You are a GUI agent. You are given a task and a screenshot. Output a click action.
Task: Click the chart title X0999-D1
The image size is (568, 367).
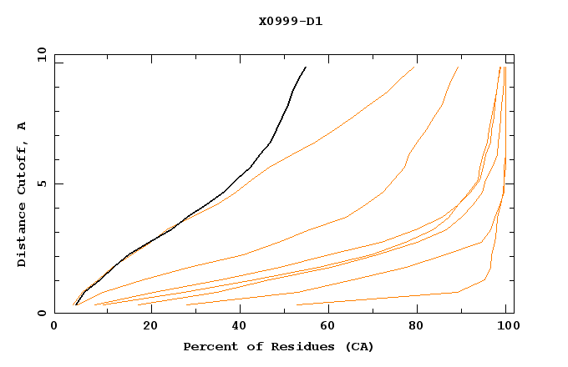pyautogui.click(x=290, y=21)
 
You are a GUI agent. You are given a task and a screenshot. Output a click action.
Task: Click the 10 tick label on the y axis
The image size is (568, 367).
pyautogui.click(x=41, y=54)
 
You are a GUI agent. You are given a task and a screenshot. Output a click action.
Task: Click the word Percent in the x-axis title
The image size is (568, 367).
pyautogui.click(x=209, y=346)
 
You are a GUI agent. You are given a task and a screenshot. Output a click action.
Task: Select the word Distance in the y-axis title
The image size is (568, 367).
pyautogui.click(x=22, y=234)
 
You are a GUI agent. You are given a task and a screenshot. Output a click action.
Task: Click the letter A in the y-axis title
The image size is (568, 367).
pyautogui.click(x=22, y=126)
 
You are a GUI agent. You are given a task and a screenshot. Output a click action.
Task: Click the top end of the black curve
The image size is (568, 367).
pyautogui.click(x=306, y=67)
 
